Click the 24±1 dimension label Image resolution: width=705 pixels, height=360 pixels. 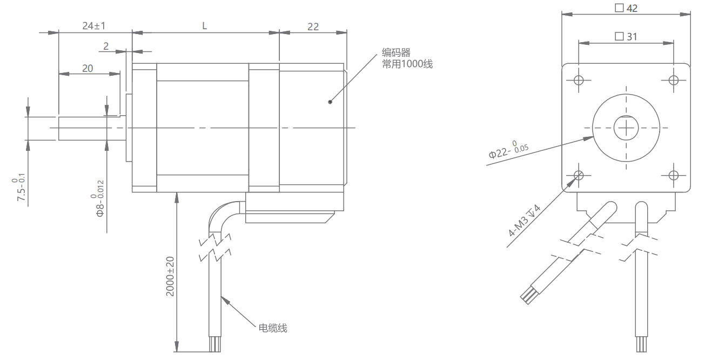pos(94,25)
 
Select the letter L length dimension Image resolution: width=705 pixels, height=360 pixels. pos(205,26)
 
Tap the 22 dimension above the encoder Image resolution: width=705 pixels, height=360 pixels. pos(313,27)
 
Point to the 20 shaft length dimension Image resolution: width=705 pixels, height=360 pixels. pos(88,68)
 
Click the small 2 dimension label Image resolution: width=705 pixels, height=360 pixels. pos(106,46)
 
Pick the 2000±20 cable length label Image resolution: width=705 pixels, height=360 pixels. pos(170,277)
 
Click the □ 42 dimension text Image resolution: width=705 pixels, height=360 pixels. pos(626,8)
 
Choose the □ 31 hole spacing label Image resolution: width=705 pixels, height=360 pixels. pos(626,37)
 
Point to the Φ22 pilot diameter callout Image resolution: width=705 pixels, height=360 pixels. pos(508,150)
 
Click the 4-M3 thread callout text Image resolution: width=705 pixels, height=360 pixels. pos(524,220)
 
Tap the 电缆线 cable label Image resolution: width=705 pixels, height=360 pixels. pos(273,328)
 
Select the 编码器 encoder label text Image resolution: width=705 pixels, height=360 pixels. pos(396,52)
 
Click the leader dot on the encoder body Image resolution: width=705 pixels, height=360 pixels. pos(330,102)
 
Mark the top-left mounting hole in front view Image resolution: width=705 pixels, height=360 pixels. pos(579,80)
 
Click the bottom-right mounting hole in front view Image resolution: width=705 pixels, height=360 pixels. pos(674,175)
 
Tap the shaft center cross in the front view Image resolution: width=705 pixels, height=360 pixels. pos(626,128)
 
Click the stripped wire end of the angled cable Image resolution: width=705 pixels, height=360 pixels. pos(527,296)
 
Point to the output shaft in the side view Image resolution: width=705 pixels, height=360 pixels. pos(92,128)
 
